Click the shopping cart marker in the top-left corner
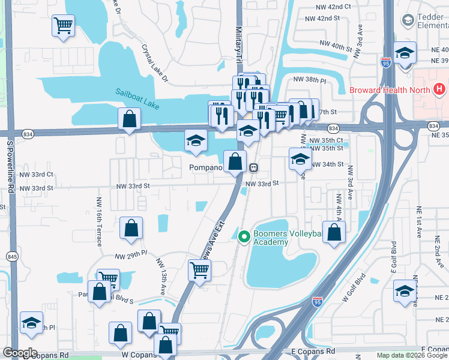tap(62, 26)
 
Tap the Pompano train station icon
tap(254, 167)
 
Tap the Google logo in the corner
tap(20, 353)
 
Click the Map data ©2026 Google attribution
tap(411, 355)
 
